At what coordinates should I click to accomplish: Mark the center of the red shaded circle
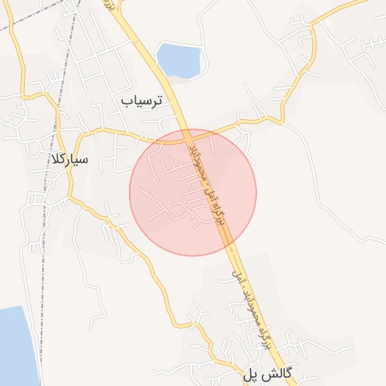[x=193, y=192]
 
